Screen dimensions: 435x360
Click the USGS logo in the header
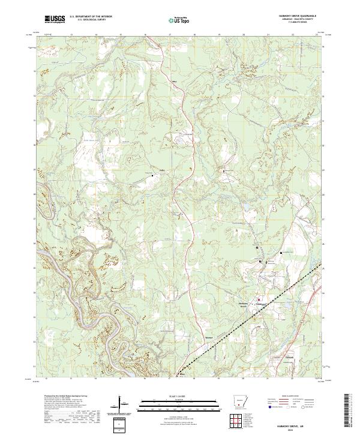click(55, 19)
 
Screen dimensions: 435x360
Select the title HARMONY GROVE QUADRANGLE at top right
click(291, 16)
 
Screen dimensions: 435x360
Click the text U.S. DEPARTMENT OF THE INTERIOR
click(90, 17)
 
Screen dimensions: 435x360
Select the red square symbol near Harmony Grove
click(259, 299)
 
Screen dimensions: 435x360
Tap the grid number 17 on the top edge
click(170, 35)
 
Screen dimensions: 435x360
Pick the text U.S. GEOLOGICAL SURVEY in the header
click(90, 20)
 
